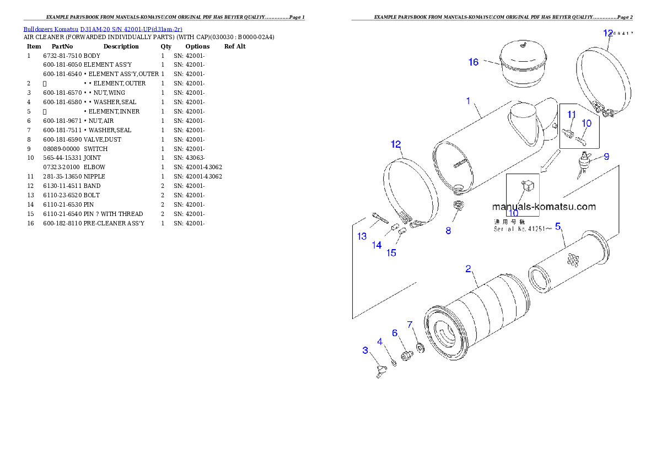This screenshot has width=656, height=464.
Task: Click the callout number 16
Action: (474, 62)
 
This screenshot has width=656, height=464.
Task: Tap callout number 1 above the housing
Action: (468, 101)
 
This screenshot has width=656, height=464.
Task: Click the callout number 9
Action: (606, 157)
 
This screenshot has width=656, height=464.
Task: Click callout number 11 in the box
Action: (572, 115)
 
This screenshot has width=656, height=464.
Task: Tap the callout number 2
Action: (467, 269)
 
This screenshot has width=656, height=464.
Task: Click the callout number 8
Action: (448, 231)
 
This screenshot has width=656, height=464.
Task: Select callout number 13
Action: (362, 236)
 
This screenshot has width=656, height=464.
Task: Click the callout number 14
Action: (377, 245)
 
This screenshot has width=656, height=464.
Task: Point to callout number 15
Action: (391, 253)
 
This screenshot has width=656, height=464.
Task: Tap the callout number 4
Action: (380, 342)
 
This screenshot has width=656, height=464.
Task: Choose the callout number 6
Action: (395, 333)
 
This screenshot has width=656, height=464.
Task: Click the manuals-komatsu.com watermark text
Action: (544, 207)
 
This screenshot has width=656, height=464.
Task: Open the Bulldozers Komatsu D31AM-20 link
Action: (103, 29)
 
